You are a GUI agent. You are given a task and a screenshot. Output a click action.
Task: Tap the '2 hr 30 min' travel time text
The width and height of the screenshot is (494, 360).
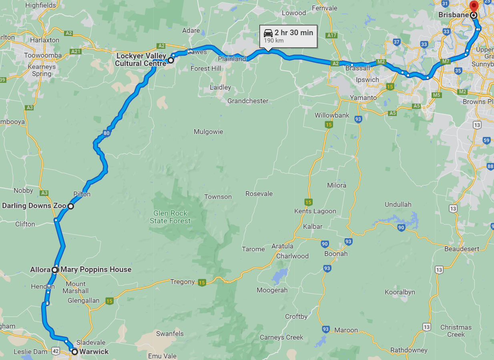[293, 32]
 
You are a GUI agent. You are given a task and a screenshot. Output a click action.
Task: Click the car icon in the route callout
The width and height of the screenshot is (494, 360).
[268, 33]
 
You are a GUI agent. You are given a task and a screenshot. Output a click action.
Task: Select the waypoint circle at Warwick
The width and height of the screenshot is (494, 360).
[74, 352]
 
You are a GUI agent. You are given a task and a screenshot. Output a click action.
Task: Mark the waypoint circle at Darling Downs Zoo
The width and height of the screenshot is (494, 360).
[70, 206]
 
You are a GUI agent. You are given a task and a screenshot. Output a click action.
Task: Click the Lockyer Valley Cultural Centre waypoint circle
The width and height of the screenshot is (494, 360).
[171, 60]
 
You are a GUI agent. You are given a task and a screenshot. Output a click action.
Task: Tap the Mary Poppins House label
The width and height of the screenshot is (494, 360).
[96, 270]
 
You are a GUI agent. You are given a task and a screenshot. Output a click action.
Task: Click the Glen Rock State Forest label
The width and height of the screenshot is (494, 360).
[170, 217]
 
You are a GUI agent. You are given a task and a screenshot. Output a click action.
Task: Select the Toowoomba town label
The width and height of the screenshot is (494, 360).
[43, 55]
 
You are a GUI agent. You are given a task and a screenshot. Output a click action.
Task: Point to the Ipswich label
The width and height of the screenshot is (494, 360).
[367, 80]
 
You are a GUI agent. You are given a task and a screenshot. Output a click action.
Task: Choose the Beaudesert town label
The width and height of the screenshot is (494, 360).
[462, 249]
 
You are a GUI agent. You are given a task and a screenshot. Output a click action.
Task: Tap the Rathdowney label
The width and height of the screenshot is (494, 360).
[409, 350]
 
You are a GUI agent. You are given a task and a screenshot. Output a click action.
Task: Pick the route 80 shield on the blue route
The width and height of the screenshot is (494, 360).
[106, 133]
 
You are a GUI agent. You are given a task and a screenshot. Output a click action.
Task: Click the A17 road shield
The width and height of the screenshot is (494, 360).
[332, 35]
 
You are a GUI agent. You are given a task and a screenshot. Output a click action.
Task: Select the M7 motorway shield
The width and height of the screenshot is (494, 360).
[446, 62]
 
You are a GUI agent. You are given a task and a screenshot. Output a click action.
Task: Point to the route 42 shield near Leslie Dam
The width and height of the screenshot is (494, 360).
[56, 352]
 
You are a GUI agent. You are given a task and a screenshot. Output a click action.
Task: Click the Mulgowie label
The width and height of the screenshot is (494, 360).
[208, 132]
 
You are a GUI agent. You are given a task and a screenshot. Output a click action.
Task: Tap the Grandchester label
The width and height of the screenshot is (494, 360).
[248, 101]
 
